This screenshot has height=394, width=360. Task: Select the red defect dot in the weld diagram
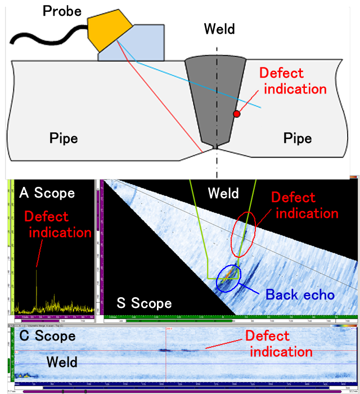point(237,114)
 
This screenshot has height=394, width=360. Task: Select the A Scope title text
point(47,193)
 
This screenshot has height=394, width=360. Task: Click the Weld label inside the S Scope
point(223,194)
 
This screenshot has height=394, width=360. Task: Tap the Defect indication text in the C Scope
point(279,343)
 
